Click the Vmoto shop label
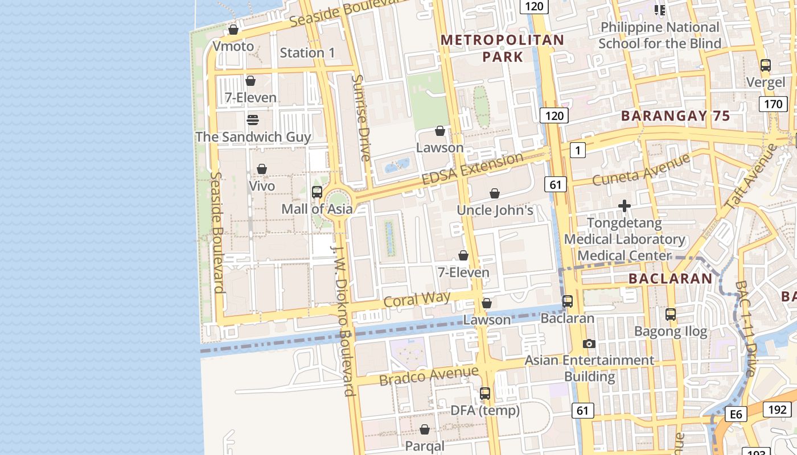tap(233, 46)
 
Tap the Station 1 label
tap(307, 53)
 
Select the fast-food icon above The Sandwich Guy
tap(253, 120)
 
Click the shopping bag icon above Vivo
tap(262, 169)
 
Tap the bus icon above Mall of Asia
tap(317, 192)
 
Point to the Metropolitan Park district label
tap(502, 48)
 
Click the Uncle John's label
tap(495, 210)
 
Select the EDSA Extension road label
tap(472, 168)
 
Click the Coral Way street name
tap(417, 299)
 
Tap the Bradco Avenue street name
tap(429, 375)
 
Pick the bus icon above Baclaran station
tap(568, 301)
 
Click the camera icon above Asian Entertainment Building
tap(589, 344)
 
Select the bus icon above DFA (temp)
tap(485, 393)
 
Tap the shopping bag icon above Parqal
tap(425, 429)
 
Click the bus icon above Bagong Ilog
tap(671, 314)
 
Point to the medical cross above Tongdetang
tap(625, 206)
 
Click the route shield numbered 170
tap(773, 104)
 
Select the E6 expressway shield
tap(736, 414)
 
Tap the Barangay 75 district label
tap(675, 116)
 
